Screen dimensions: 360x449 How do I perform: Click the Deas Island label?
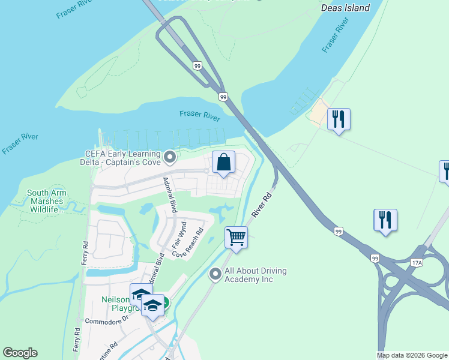(345, 8)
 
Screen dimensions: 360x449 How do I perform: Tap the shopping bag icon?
(223, 162)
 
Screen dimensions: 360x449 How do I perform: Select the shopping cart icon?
(237, 237)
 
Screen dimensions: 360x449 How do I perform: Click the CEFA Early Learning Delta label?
(121, 158)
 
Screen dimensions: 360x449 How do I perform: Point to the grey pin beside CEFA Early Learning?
(169, 157)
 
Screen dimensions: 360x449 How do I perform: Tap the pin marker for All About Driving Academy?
(215, 274)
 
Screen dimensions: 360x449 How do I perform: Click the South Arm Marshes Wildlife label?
(46, 201)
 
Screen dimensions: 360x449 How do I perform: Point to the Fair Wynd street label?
(176, 235)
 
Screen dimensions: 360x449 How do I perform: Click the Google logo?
(20, 353)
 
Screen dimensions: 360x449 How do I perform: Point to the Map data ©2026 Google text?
(412, 355)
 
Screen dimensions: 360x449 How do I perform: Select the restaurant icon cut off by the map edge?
(445, 170)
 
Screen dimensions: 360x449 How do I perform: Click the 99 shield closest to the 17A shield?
(375, 258)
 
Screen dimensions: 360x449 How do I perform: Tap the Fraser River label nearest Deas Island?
(336, 35)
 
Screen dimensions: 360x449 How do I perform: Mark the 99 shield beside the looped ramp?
(197, 65)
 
